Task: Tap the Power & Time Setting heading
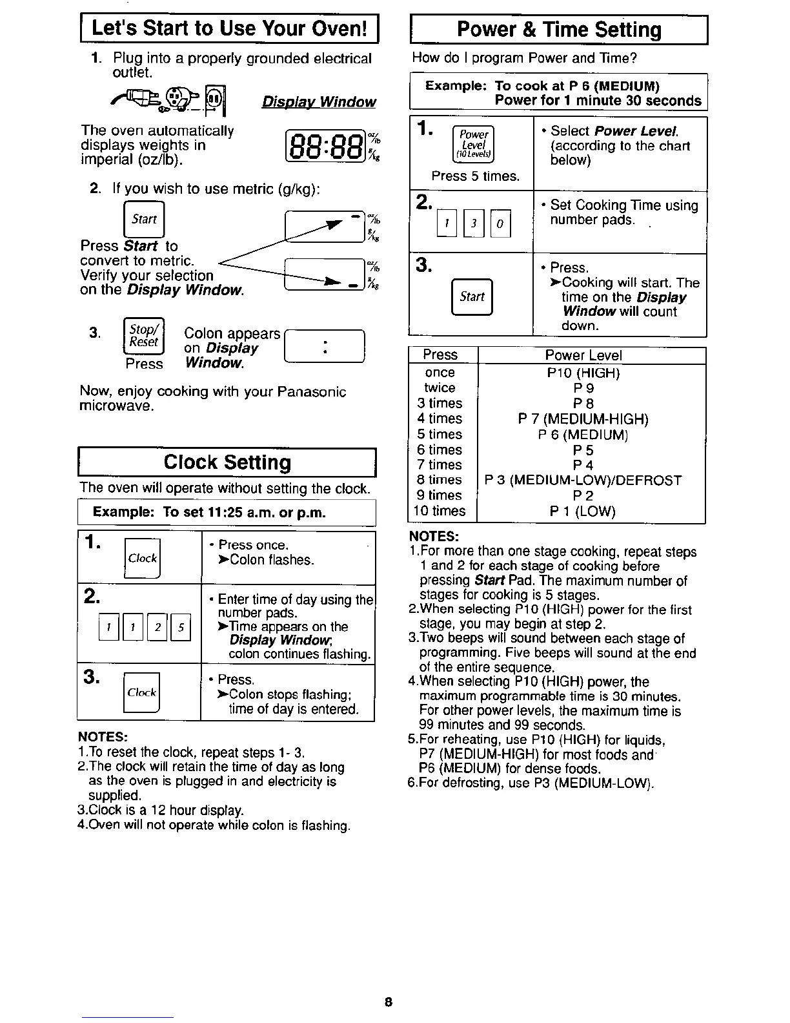click(559, 30)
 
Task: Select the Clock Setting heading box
click(227, 462)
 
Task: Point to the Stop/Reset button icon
click(144, 336)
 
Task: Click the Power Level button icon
click(473, 143)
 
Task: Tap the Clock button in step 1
click(142, 559)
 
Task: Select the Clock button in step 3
click(142, 692)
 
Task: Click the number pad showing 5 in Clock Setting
click(181, 627)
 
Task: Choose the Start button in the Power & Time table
click(472, 296)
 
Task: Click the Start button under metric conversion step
click(144, 219)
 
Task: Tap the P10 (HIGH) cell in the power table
click(583, 373)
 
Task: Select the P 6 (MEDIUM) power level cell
click(583, 434)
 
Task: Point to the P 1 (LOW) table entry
click(583, 512)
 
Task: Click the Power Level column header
click(583, 355)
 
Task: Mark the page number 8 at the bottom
click(388, 1002)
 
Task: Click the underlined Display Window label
click(319, 102)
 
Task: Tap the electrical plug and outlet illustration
click(170, 99)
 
